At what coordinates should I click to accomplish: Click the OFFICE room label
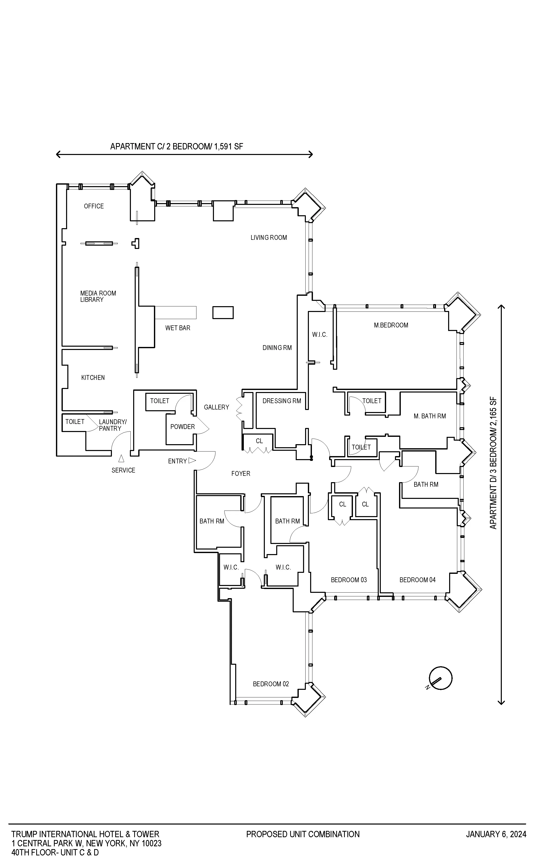tap(94, 206)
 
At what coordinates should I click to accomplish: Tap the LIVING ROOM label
tap(269, 238)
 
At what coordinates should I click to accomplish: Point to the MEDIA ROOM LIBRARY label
tap(98, 296)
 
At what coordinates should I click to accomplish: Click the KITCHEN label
tap(93, 378)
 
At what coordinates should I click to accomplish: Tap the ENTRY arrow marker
tap(192, 461)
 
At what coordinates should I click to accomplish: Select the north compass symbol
tap(440, 679)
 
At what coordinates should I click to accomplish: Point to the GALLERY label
tap(216, 407)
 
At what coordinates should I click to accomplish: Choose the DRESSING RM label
tap(282, 401)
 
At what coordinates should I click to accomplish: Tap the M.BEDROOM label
tap(391, 325)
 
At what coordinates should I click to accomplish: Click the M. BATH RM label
tap(430, 416)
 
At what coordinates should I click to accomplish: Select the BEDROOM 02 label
tap(271, 684)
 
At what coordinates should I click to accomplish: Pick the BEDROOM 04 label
tap(417, 580)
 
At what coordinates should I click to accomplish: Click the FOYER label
tap(241, 474)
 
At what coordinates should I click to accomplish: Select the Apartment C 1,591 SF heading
tap(176, 147)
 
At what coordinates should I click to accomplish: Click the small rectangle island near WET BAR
tap(223, 312)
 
